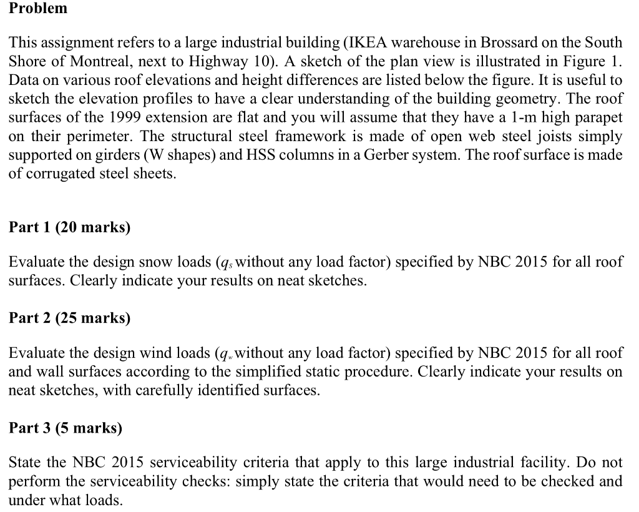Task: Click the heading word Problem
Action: pos(38,9)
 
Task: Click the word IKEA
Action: pos(374,42)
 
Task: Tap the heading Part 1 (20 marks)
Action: pos(69,227)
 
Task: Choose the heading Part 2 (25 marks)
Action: pos(69,318)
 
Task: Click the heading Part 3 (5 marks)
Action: pos(66,428)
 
